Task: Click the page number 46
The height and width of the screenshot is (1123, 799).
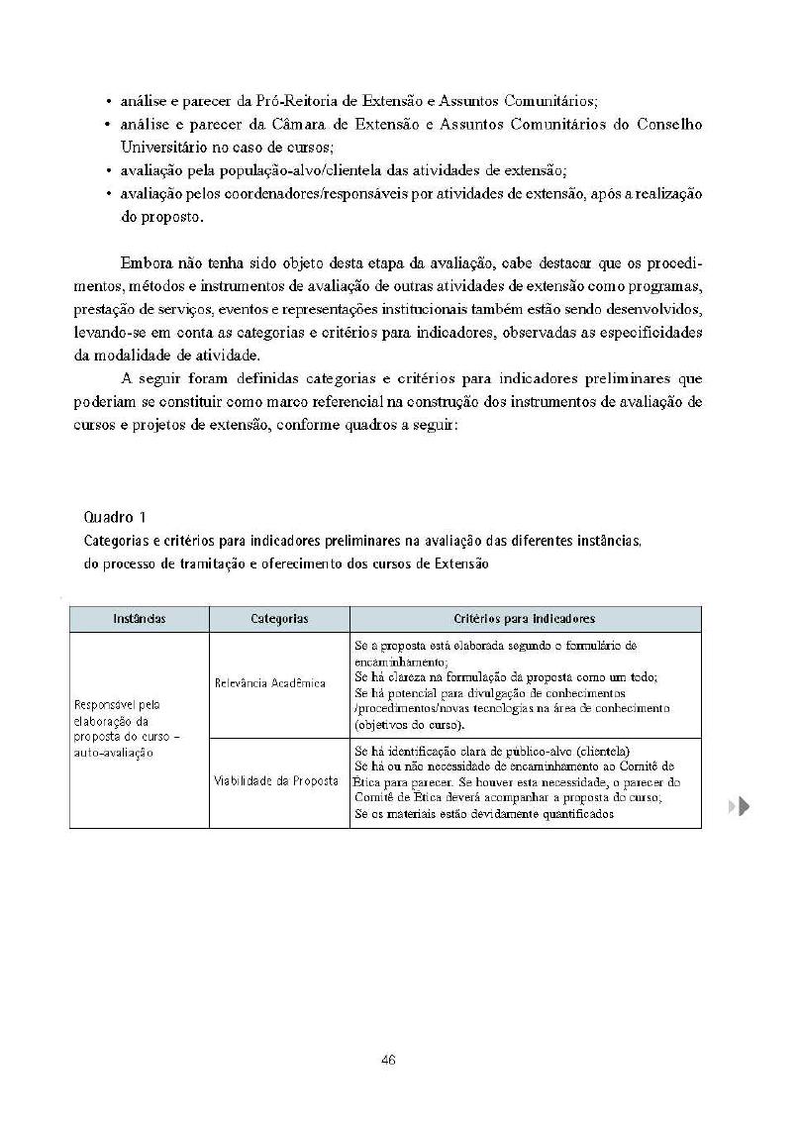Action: (388, 1060)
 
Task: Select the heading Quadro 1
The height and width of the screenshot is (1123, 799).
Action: (116, 517)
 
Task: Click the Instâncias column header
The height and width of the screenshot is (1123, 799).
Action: (139, 619)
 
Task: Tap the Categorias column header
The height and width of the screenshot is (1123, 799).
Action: (279, 619)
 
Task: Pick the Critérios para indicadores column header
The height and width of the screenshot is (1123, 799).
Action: (524, 619)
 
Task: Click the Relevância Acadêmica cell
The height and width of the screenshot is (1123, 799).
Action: (270, 684)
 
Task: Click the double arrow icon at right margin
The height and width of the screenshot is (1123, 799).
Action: (739, 806)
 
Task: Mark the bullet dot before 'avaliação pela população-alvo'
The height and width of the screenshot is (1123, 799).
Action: (107, 170)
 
